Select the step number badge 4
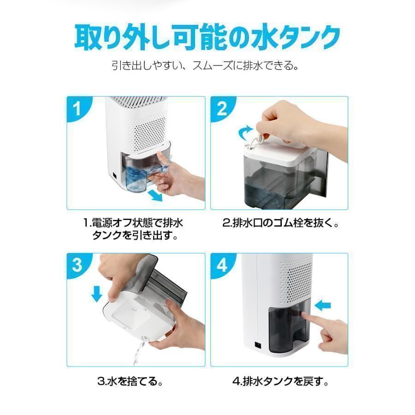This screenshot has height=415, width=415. click(x=222, y=266)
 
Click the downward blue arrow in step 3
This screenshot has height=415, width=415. click(x=97, y=293)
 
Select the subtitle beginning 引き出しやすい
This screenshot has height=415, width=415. click(x=207, y=65)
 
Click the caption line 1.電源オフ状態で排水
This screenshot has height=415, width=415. click(x=133, y=224)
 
